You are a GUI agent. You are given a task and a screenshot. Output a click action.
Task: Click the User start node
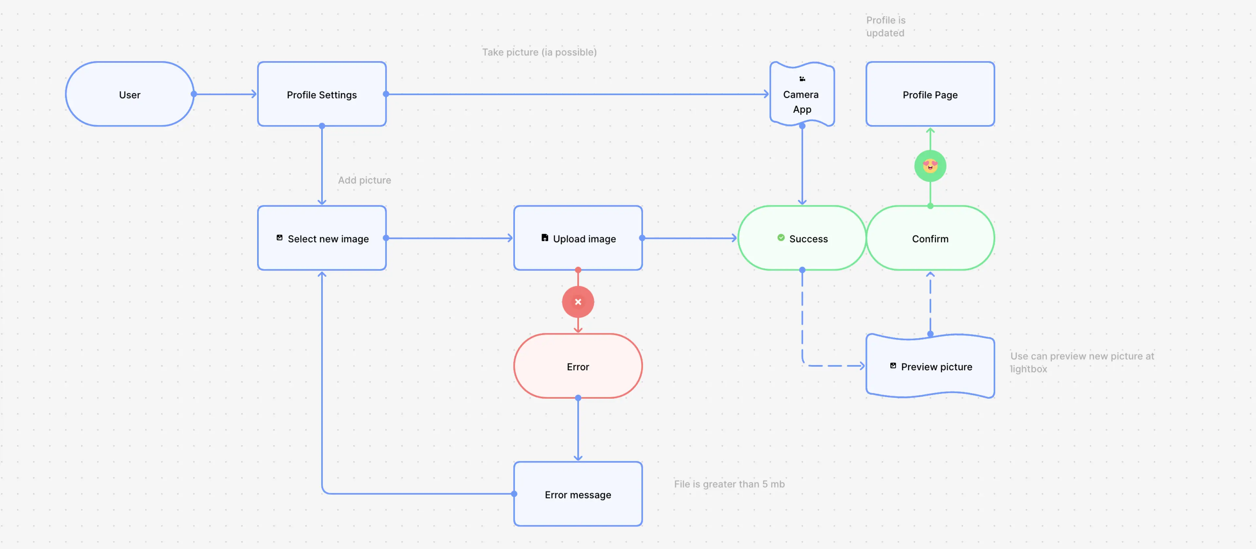pyautogui.click(x=130, y=94)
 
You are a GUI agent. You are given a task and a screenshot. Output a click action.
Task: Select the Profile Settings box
pyautogui.click(x=322, y=94)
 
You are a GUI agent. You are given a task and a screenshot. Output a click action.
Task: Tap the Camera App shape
pyautogui.click(x=802, y=94)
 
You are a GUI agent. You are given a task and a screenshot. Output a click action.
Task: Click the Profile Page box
pyautogui.click(x=930, y=94)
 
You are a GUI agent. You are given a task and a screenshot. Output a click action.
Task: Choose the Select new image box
pyautogui.click(x=322, y=238)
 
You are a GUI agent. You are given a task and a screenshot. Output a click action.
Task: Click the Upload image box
pyautogui.click(x=578, y=238)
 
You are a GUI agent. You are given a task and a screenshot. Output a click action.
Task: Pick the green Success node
pyautogui.click(x=802, y=238)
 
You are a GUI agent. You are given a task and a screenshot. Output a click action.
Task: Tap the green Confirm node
pyautogui.click(x=930, y=238)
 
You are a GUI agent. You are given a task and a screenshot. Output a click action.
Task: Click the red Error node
pyautogui.click(x=578, y=366)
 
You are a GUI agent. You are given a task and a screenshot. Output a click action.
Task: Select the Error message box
pyautogui.click(x=578, y=494)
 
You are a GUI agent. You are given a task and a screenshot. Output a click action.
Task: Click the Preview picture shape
pyautogui.click(x=930, y=366)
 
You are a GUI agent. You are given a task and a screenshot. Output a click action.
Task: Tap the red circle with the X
pyautogui.click(x=578, y=302)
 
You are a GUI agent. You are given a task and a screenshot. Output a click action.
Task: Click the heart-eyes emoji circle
pyautogui.click(x=930, y=166)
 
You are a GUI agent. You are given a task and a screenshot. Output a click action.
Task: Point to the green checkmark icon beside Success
pyautogui.click(x=781, y=238)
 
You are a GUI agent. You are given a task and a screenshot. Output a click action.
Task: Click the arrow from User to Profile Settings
pyautogui.click(x=225, y=94)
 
